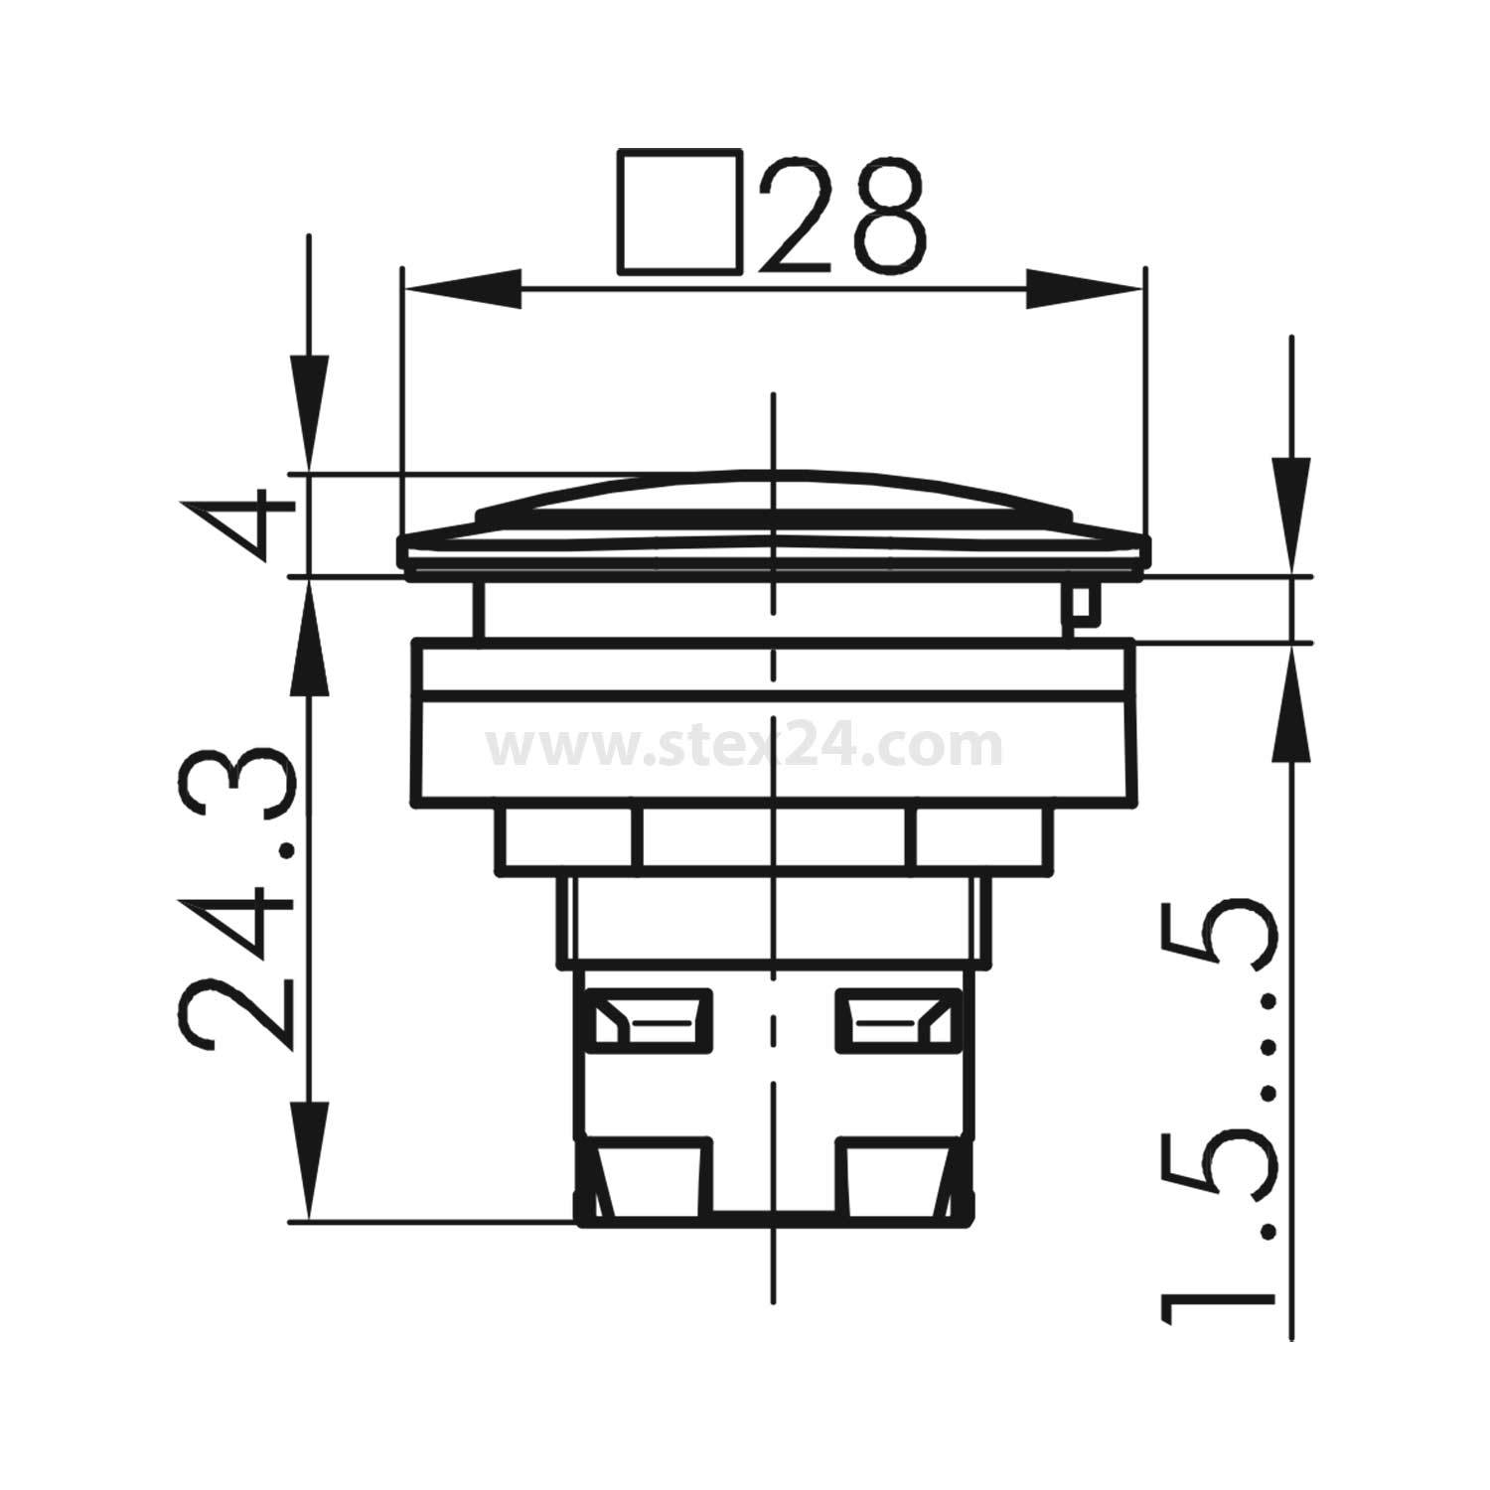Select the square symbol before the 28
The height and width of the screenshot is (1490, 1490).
[680, 212]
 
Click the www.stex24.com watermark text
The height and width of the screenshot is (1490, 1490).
[744, 747]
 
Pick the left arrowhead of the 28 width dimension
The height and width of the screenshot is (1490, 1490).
[463, 289]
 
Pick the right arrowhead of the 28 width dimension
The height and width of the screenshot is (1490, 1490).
[1084, 289]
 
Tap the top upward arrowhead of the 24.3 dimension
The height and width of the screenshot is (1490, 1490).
[309, 640]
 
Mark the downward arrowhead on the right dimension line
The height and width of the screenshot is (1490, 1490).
[1291, 517]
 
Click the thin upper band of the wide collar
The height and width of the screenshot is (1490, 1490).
[773, 664]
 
